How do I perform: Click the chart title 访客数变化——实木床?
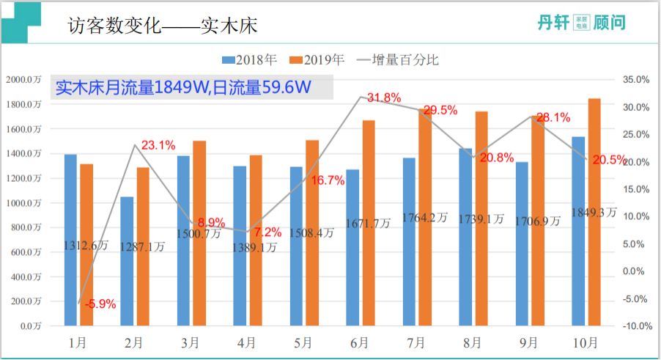[x=162, y=26]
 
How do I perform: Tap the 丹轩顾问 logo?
[x=582, y=23]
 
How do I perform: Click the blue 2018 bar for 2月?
[x=127, y=261]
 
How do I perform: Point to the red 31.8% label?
[x=383, y=98]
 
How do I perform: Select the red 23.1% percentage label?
[x=158, y=145]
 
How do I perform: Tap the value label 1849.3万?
[x=594, y=212]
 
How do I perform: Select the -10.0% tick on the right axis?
[x=634, y=326]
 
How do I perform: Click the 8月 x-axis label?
[x=473, y=342]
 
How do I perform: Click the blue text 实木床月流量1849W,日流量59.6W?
[x=184, y=88]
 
